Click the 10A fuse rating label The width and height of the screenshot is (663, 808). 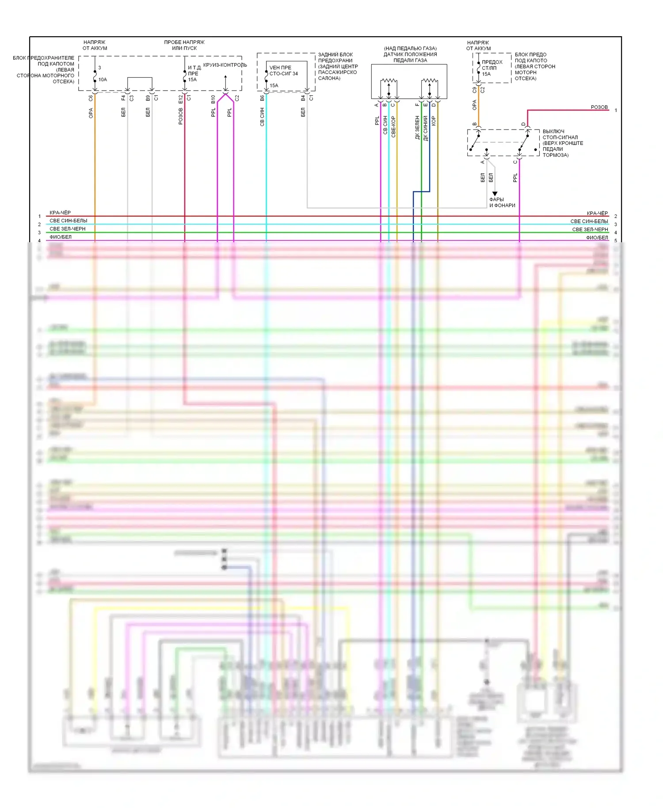pyautogui.click(x=103, y=80)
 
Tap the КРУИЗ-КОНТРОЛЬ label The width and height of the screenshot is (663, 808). pyautogui.click(x=225, y=65)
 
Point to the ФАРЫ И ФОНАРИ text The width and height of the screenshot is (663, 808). pyautogui.click(x=502, y=202)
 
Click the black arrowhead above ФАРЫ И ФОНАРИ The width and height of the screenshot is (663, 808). pyautogui.click(x=495, y=194)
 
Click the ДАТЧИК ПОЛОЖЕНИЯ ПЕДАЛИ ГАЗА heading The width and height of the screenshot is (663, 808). pyautogui.click(x=410, y=54)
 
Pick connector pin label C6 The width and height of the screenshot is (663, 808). pyautogui.click(x=91, y=98)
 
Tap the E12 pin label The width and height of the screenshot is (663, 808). pyautogui.click(x=180, y=99)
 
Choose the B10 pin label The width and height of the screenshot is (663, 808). pyautogui.click(x=213, y=99)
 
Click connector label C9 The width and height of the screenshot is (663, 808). pyautogui.click(x=474, y=90)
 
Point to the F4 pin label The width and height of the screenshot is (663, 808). pyautogui.click(x=123, y=98)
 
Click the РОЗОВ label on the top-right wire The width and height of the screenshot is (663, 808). pyautogui.click(x=599, y=107)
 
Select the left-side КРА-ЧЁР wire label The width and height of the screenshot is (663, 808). pyautogui.click(x=60, y=213)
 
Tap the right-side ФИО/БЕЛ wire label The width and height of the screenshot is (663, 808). pyautogui.click(x=597, y=238)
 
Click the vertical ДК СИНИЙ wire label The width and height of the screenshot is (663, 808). pyautogui.click(x=425, y=128)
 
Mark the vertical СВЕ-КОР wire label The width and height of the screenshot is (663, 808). pyautogui.click(x=393, y=127)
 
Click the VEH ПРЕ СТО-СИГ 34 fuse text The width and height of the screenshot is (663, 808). pyautogui.click(x=283, y=71)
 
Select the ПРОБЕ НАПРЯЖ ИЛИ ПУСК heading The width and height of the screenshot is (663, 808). pyautogui.click(x=184, y=45)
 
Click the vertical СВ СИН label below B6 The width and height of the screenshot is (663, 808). pyautogui.click(x=262, y=117)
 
